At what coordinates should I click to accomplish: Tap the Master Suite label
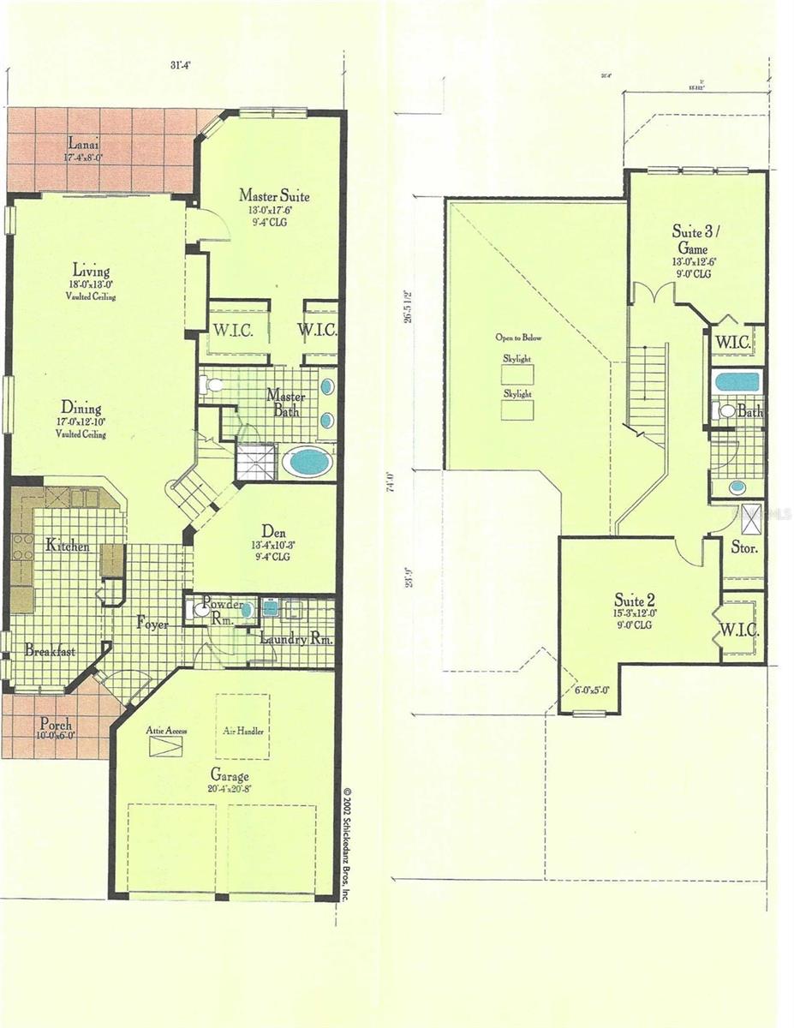274,196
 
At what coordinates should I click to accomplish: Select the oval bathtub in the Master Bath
307,462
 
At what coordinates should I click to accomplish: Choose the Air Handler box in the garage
242,727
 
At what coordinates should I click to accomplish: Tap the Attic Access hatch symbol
166,745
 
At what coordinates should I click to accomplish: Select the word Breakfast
50,651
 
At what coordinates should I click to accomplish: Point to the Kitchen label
69,545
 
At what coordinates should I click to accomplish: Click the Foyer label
152,625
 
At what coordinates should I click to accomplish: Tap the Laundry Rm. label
296,640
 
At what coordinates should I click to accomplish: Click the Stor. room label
743,547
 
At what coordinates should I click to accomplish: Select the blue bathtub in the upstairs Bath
737,381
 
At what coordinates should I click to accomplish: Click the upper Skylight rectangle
517,374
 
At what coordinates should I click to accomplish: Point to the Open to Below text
517,338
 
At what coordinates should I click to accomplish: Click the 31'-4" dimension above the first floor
179,65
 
